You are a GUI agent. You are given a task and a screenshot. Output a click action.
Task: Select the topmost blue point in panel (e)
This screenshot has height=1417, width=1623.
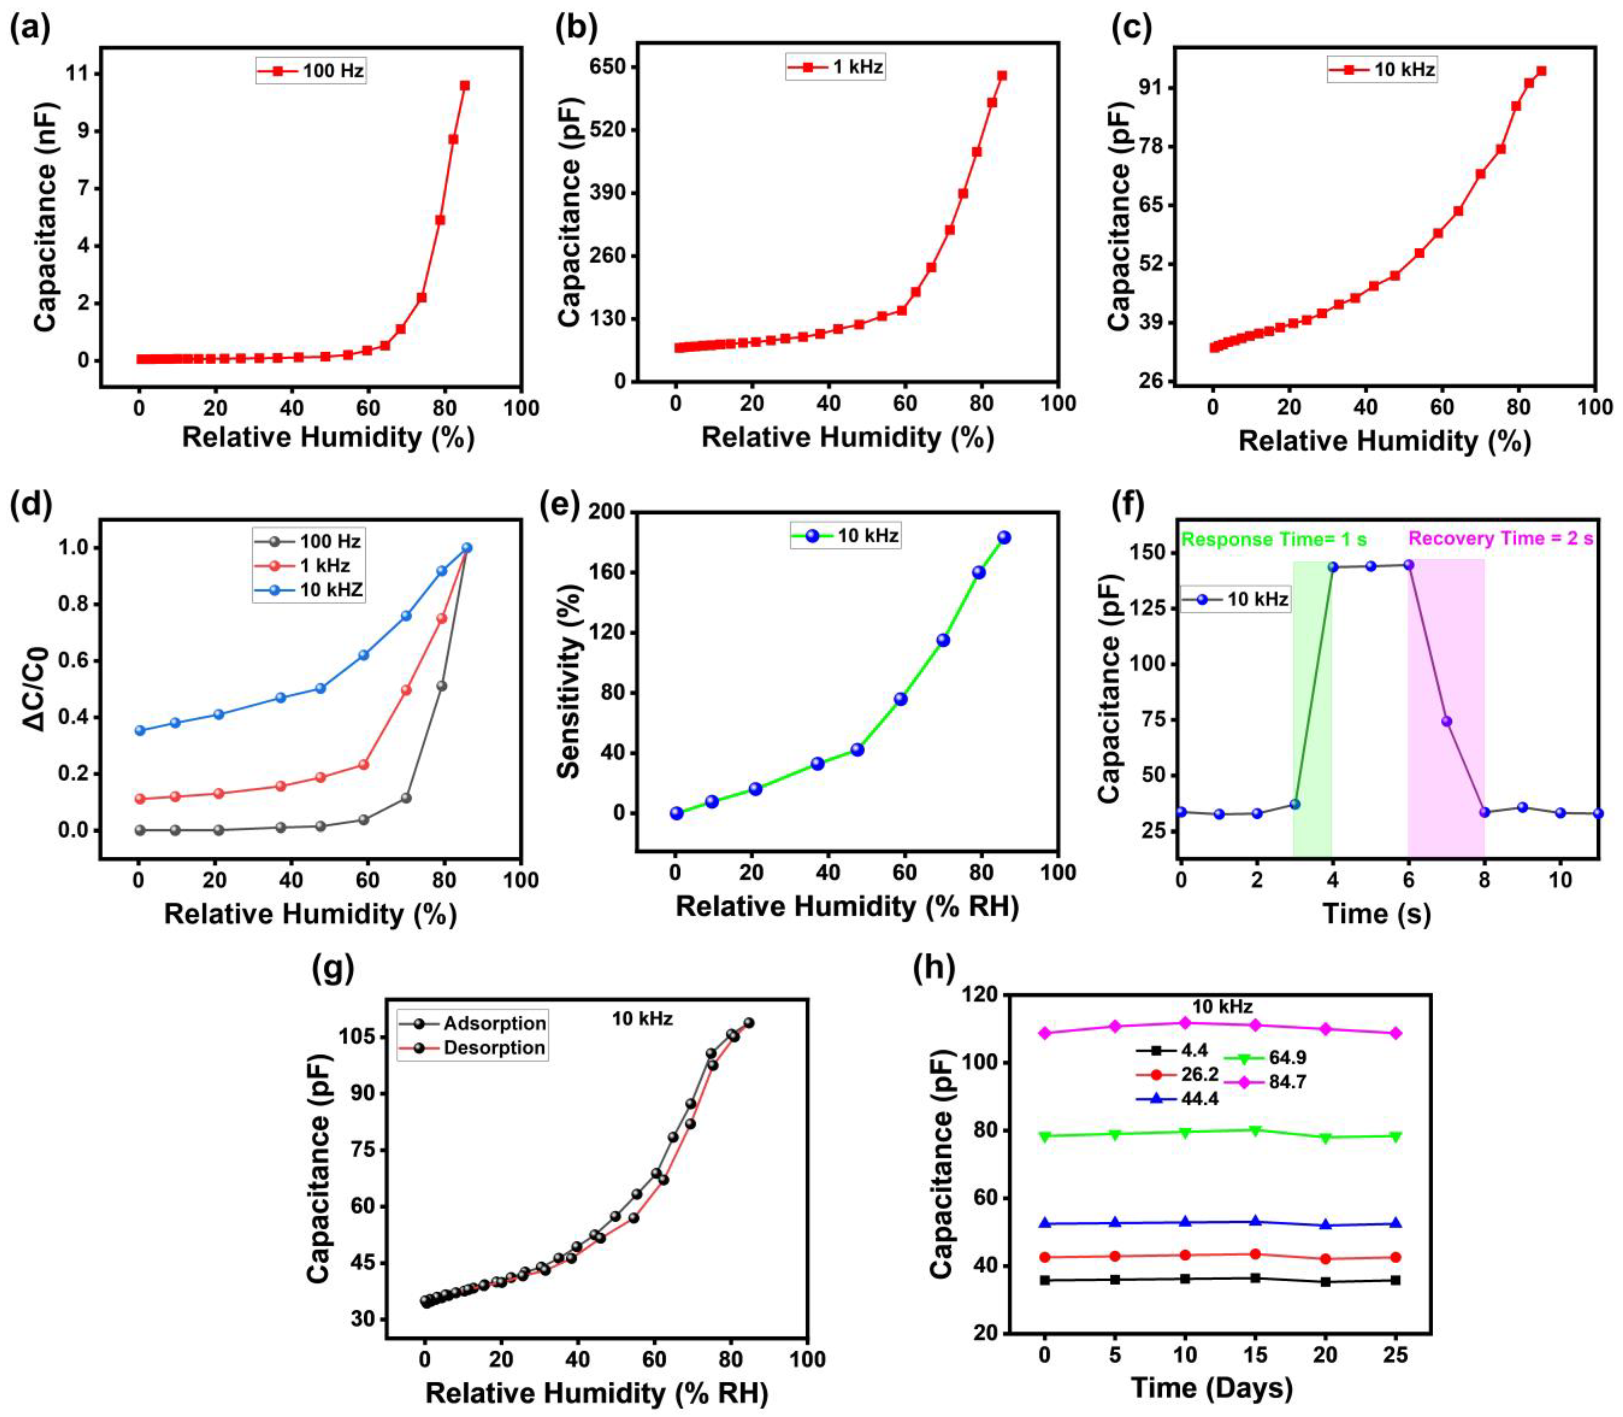coord(1004,538)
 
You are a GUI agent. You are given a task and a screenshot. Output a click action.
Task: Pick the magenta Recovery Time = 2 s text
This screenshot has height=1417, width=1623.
coord(1501,538)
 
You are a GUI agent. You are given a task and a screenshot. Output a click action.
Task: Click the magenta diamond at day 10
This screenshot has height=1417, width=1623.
coord(1184,1022)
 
